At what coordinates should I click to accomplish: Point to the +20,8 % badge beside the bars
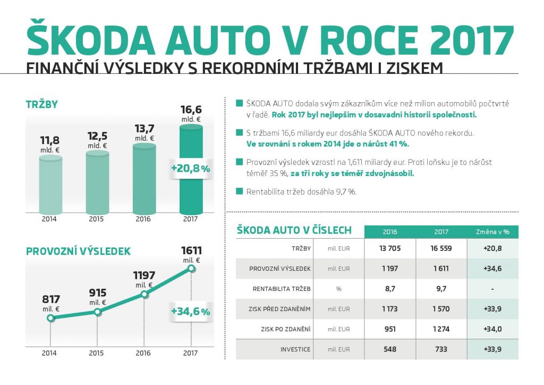(191, 169)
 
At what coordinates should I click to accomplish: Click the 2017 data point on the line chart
(191, 269)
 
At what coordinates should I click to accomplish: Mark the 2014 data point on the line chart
(50, 319)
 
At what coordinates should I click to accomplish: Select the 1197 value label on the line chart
(144, 275)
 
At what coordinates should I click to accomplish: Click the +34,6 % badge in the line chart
(191, 312)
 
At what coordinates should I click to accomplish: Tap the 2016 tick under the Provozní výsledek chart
(143, 353)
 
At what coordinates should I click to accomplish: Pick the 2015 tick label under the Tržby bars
(97, 219)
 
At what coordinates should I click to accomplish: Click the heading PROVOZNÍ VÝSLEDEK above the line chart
(78, 251)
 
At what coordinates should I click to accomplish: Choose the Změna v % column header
(492, 232)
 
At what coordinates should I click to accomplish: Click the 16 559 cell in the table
(441, 248)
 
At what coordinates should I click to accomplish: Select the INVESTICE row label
(295, 349)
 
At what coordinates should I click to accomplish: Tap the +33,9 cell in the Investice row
(492, 349)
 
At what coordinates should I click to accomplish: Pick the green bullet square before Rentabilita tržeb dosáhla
(239, 191)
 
